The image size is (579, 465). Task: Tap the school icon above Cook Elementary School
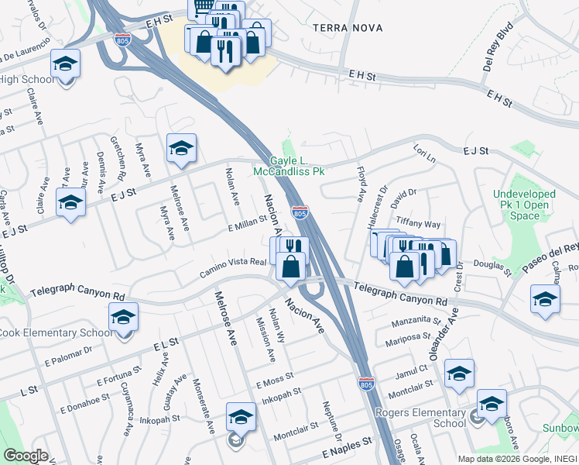(x=123, y=318)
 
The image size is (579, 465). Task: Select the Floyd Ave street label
(x=361, y=180)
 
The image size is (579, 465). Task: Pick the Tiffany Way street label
(x=418, y=223)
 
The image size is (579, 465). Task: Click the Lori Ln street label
(x=425, y=155)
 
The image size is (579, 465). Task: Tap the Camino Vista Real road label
(x=232, y=267)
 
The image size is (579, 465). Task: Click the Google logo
(x=26, y=456)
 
